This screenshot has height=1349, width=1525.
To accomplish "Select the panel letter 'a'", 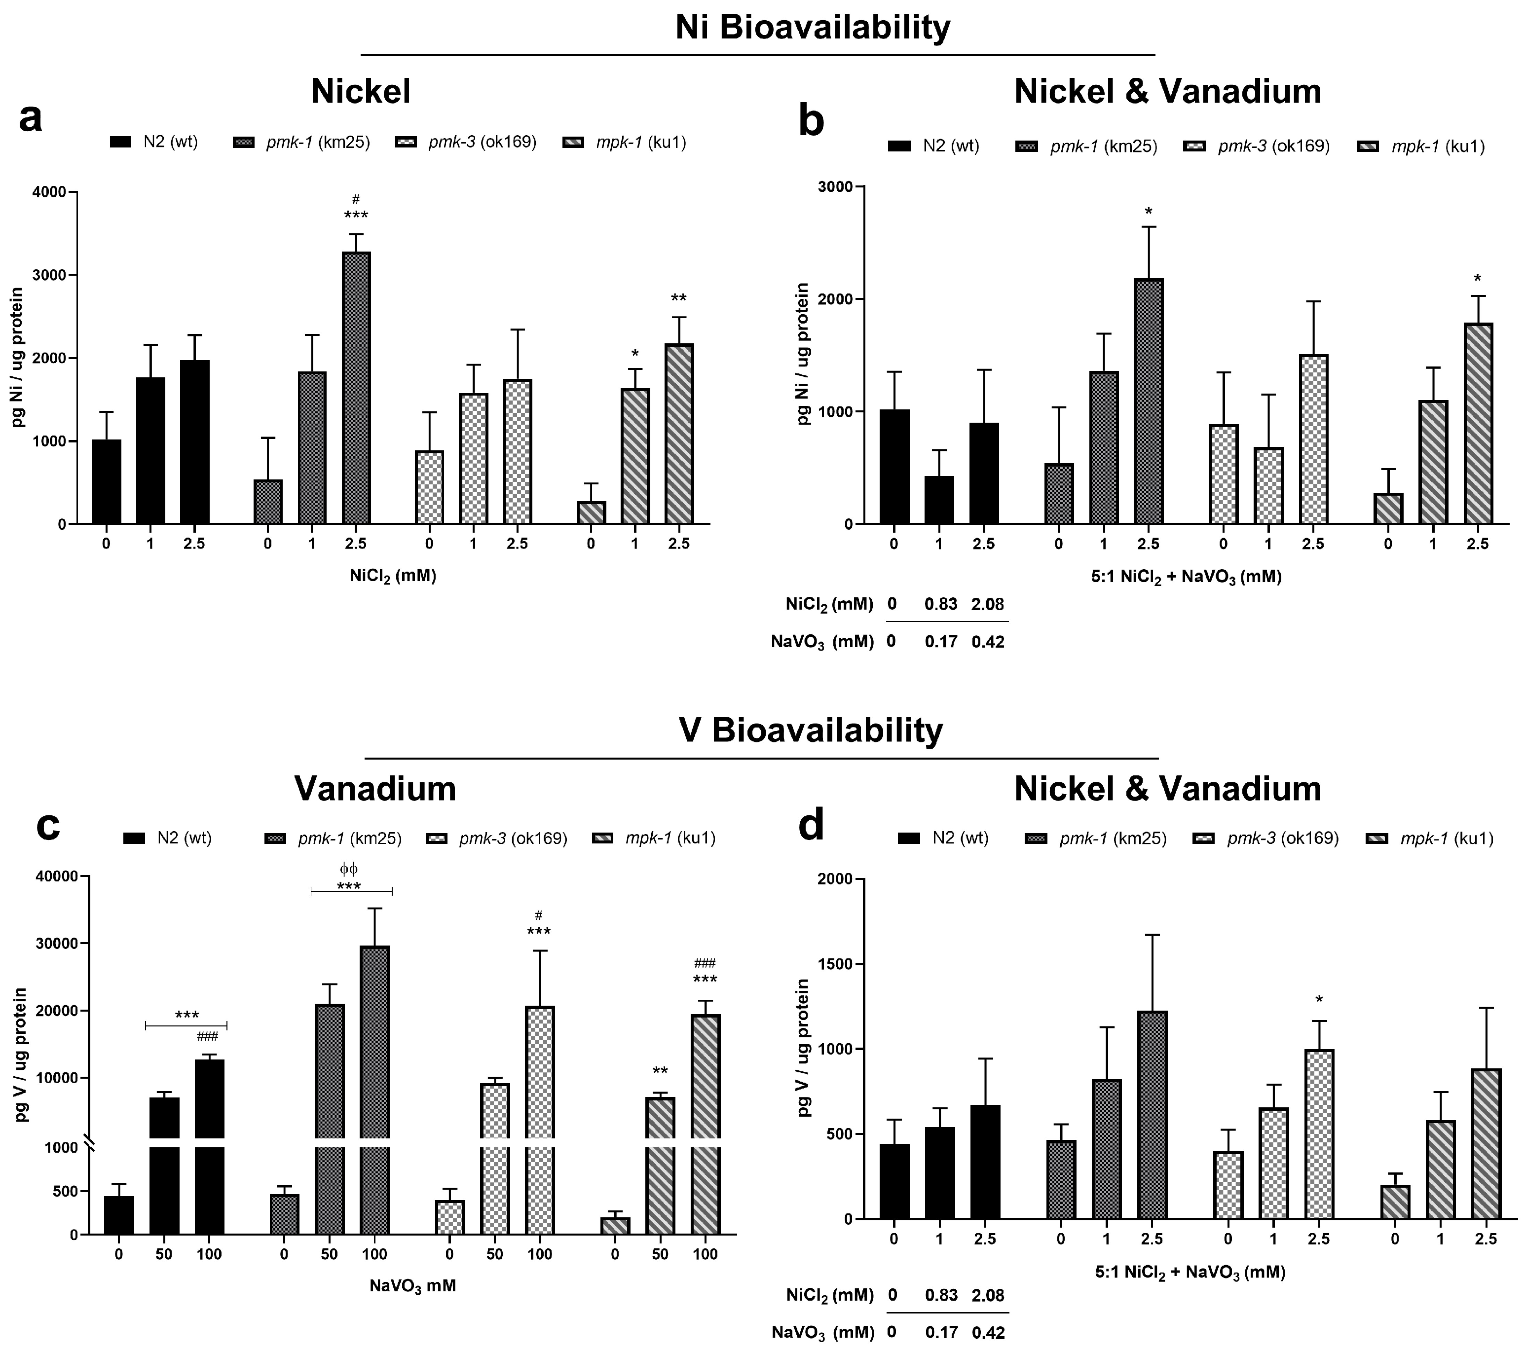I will coord(30,118).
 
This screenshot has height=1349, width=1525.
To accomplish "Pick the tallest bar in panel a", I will coord(356,388).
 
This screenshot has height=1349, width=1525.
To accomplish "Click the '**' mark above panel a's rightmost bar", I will coord(678,299).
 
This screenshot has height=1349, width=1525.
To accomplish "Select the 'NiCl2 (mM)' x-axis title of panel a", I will coord(392,576).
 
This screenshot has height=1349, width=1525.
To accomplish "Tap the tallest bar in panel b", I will coord(1148,401).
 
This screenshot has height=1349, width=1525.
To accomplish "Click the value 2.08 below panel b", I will coord(987,604).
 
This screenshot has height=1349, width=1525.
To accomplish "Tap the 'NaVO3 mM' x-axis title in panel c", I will coord(412,1285).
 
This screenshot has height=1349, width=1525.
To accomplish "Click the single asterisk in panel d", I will coord(1319,1000).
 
